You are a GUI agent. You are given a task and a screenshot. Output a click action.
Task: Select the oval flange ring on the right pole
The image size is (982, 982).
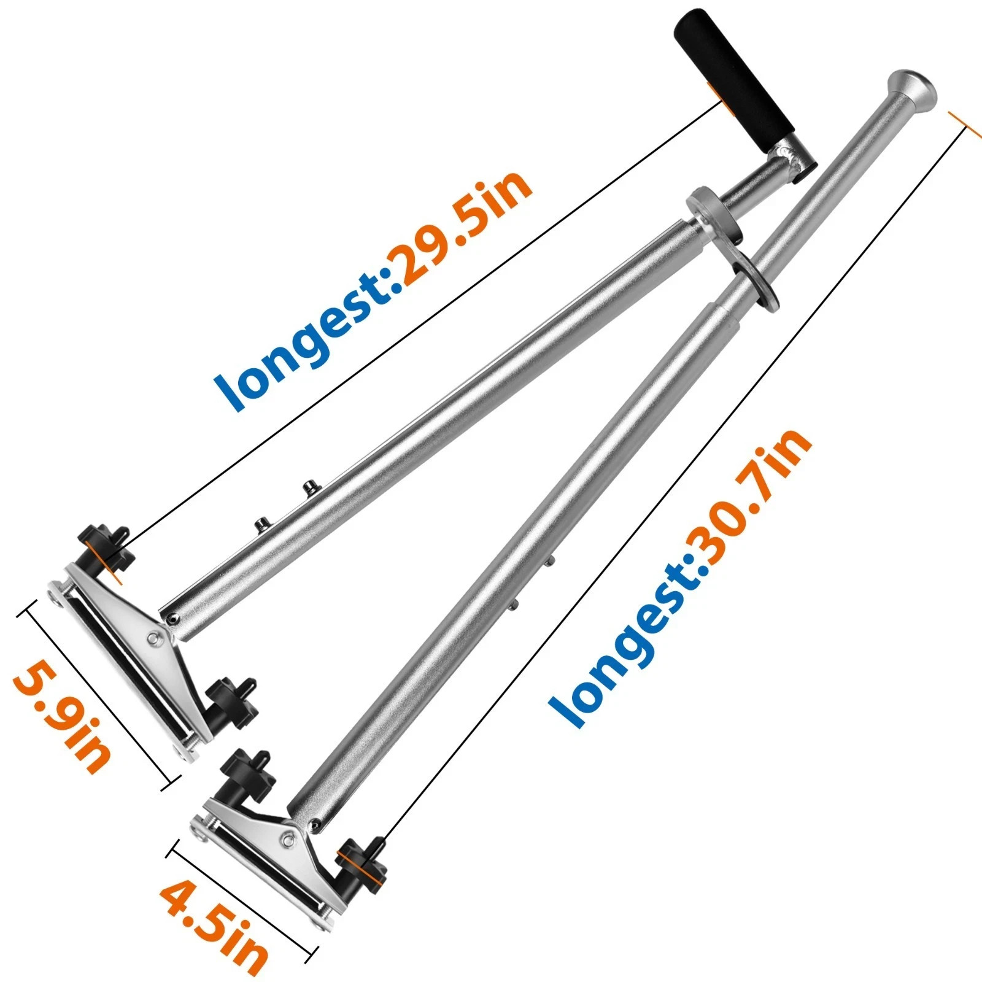pyautogui.click(x=754, y=277)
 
